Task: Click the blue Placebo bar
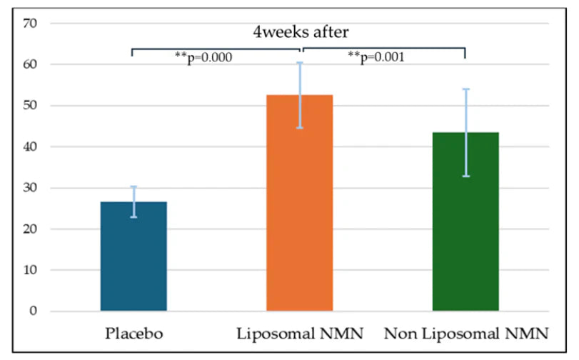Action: coord(134,256)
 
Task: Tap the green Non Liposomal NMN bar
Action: coord(465,221)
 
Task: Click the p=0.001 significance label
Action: coord(376,57)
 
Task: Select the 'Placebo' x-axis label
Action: coord(134,333)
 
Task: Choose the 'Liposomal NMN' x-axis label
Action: coord(299,333)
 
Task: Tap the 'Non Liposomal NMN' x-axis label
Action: coord(465,333)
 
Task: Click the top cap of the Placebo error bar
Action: coord(134,186)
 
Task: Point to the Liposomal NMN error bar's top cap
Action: coord(300,63)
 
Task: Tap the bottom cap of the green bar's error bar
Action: coord(465,176)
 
